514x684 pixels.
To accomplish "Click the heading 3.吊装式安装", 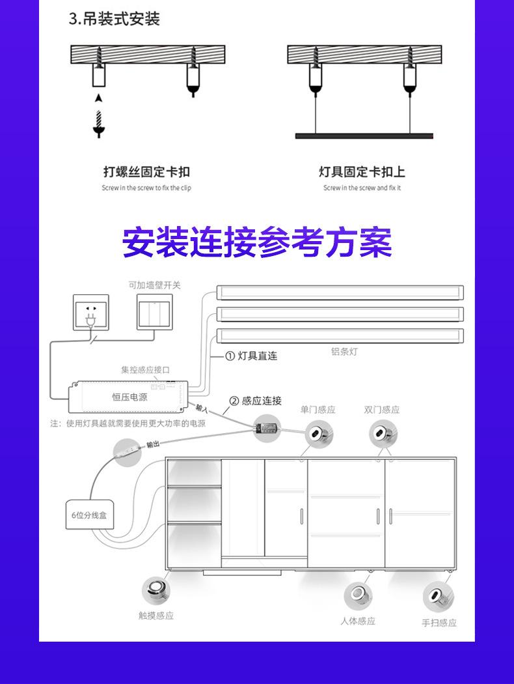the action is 114,19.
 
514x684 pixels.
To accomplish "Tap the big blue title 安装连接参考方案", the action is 257,242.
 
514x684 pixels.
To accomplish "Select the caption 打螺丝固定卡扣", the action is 146,172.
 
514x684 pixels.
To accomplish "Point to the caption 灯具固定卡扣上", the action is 362,172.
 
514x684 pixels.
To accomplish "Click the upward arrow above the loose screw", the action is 98,98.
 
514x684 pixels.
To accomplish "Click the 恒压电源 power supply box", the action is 129,397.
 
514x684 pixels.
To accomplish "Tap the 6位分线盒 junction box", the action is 89,515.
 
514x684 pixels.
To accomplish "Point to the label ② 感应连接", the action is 255,401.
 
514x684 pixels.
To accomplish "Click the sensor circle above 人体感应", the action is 358,594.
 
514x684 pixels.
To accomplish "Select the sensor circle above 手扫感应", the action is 438,596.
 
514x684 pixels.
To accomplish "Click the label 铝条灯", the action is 344,352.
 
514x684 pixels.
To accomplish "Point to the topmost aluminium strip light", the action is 340,292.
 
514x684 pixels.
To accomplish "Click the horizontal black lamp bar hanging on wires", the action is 364,135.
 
